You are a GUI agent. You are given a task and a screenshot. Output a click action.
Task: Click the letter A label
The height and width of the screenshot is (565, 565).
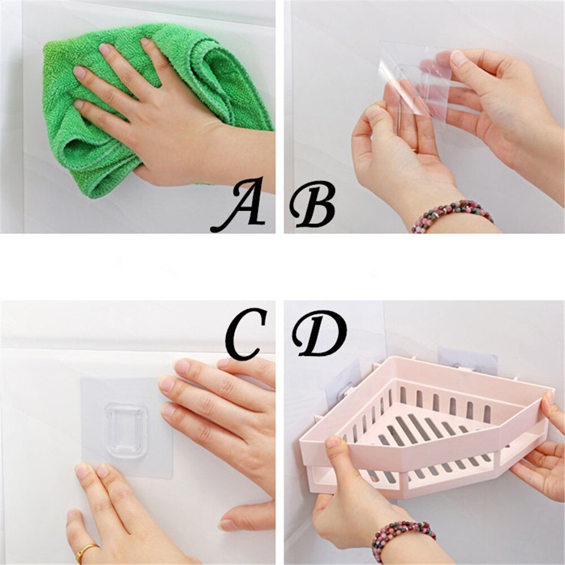point(239,205)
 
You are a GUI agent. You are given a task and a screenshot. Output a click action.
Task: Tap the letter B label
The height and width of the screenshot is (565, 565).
point(312,205)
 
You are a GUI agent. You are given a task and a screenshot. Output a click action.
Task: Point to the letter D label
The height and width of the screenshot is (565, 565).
point(319,333)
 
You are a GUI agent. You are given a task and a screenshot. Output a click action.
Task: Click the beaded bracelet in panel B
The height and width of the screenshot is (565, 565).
point(451,214)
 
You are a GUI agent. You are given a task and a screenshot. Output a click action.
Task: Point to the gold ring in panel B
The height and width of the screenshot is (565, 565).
point(415,150)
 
